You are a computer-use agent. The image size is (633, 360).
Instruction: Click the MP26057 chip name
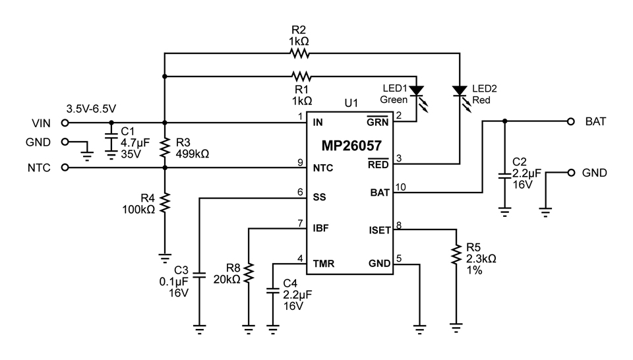pos(351,146)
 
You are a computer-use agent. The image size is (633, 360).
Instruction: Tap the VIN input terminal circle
pos(65,122)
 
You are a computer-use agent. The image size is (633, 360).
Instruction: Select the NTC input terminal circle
pos(65,167)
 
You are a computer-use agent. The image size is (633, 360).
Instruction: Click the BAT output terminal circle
pos(570,121)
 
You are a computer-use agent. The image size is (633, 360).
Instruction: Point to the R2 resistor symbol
pos(300,53)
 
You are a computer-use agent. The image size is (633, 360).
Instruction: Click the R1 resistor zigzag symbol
pos(301,76)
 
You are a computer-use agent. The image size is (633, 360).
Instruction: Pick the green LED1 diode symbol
pos(417,91)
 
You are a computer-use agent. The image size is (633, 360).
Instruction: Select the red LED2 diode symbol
pos(460,91)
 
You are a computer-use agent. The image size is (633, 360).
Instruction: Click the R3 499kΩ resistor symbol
pos(165,147)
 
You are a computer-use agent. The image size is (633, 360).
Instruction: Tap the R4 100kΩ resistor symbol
pos(165,202)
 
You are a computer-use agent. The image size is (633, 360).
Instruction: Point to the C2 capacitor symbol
pos(504,175)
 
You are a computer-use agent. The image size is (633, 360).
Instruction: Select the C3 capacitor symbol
pos(199,275)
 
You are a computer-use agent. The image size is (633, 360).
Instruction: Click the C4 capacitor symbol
pos(273,291)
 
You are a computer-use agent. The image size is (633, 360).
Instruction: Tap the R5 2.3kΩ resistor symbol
pos(456,255)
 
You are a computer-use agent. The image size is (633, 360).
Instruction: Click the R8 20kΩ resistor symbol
pos(249,273)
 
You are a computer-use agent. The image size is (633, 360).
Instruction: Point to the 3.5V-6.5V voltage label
pos(91,109)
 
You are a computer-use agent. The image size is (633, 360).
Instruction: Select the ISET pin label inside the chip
pos(380,231)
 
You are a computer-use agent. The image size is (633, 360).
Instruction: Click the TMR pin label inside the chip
pos(323,264)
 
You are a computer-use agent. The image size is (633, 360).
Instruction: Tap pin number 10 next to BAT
pos(400,187)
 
